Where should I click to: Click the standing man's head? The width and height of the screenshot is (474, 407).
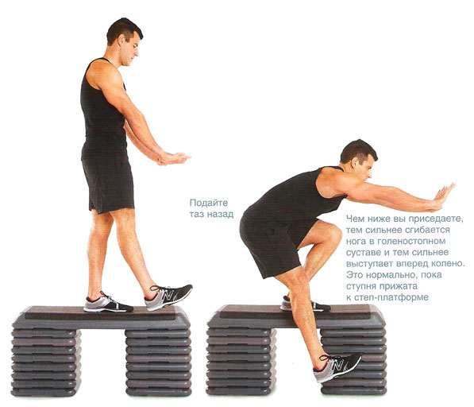(x=124, y=41)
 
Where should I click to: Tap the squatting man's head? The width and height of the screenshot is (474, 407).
(x=359, y=161)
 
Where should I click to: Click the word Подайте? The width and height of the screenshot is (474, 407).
(x=209, y=203)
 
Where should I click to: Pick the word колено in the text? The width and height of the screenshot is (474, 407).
(x=447, y=263)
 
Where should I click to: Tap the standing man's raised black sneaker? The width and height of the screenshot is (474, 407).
(x=168, y=297)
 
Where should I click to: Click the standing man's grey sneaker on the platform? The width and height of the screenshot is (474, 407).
(x=108, y=303)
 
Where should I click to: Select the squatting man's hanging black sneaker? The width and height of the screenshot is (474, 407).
(x=337, y=367)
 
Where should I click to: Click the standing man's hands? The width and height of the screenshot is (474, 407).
(x=173, y=158)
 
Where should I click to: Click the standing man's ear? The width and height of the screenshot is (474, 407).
(x=122, y=39)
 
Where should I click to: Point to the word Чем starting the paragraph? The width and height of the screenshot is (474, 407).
(x=356, y=219)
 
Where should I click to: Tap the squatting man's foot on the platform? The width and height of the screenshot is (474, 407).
(x=306, y=304)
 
